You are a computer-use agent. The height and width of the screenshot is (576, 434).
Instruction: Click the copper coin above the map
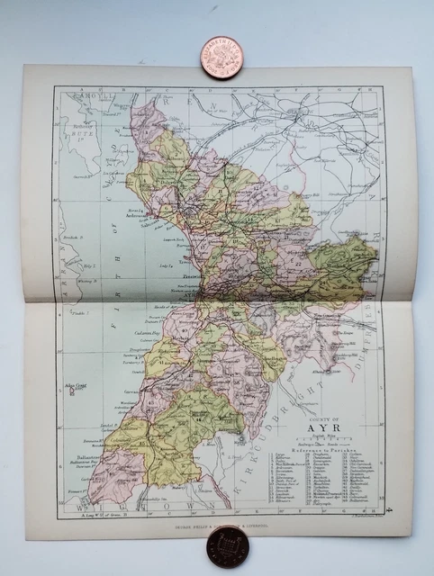click(221, 57)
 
